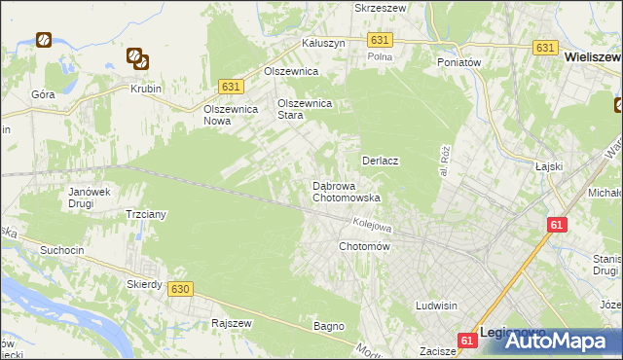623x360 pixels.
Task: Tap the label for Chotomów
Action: pyautogui.click(x=364, y=247)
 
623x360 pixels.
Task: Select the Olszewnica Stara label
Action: pyautogui.click(x=305, y=108)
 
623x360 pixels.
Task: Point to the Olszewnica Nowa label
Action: pyautogui.click(x=230, y=116)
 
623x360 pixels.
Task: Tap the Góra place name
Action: pyautogui.click(x=43, y=94)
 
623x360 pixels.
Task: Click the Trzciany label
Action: pyautogui.click(x=147, y=214)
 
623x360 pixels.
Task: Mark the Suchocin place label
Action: pyautogui.click(x=59, y=250)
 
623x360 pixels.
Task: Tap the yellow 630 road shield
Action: pyautogui.click(x=179, y=289)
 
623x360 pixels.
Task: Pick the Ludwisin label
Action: pyautogui.click(x=436, y=306)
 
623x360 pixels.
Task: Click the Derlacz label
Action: pyautogui.click(x=382, y=160)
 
